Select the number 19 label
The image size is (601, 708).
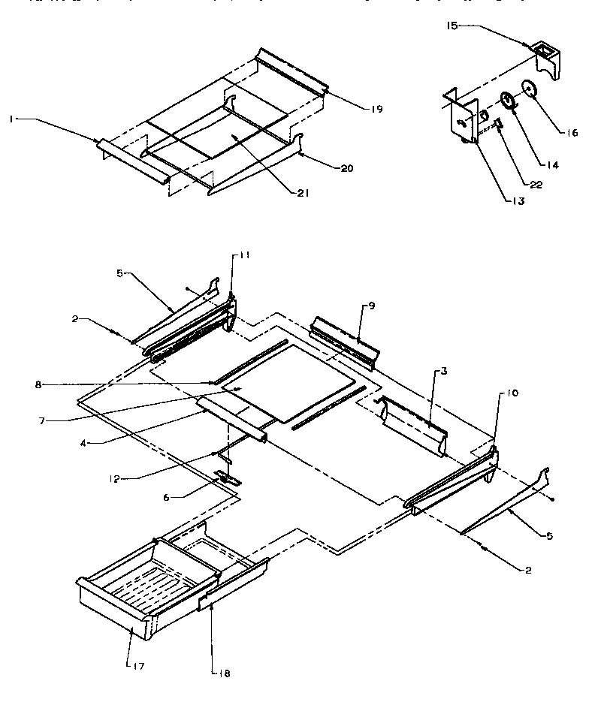376,110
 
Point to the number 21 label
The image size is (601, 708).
302,193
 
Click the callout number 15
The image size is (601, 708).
451,26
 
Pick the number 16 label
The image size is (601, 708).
572,133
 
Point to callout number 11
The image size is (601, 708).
246,256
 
